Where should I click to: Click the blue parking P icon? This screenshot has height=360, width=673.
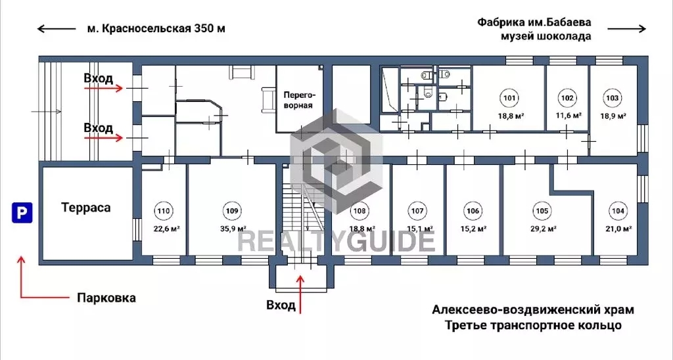coord(22,213)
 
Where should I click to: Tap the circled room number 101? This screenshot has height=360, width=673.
coord(509,99)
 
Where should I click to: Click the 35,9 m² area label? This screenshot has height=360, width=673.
coord(231,229)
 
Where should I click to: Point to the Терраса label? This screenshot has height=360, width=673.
coord(85,208)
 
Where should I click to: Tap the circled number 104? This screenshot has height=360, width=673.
coord(618,212)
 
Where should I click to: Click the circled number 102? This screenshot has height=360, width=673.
coord(567,99)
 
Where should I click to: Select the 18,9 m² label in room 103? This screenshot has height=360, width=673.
coord(612,116)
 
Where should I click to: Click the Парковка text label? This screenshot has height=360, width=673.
coord(106,298)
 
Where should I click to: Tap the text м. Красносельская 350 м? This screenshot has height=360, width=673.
coord(156,28)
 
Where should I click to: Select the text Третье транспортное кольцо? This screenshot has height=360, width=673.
coord(532,325)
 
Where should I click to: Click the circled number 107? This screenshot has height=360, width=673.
coord(417,212)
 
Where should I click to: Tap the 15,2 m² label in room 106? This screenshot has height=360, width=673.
coord(473,229)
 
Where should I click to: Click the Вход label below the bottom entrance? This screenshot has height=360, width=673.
coord(281,305)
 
